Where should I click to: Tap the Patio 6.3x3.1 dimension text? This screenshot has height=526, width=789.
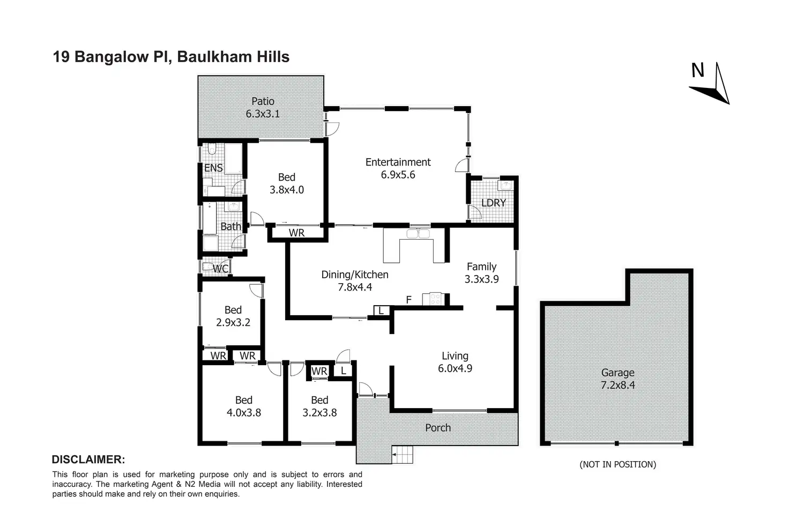(263, 114)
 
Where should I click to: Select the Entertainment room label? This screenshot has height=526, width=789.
(398, 162)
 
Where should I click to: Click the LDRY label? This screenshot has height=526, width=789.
(493, 203)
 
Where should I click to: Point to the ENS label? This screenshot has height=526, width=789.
(213, 168)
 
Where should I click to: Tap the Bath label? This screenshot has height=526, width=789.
(230, 226)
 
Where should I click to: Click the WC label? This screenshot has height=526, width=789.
(221, 269)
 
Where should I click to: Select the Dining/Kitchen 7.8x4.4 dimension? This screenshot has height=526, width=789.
(355, 287)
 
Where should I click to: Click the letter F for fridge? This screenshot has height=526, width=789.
(408, 299)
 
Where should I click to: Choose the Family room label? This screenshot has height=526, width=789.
(481, 266)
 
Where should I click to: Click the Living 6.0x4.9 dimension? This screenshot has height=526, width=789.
(455, 368)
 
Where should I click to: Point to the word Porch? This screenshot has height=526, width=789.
(438, 427)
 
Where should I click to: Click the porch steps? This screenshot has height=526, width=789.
(403, 455)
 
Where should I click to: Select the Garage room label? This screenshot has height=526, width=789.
(617, 372)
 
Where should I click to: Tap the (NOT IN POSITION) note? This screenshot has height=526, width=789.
(617, 464)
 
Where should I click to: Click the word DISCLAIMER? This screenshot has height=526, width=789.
(88, 460)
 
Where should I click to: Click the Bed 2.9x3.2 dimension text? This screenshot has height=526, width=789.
(233, 322)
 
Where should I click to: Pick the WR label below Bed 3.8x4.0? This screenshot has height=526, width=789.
(296, 233)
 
